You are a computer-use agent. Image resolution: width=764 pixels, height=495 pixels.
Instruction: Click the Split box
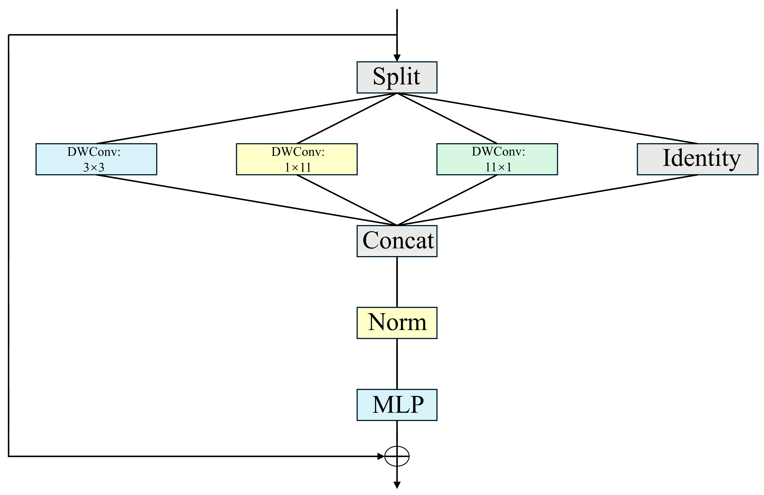397,77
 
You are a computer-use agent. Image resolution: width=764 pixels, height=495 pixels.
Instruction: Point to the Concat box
397,241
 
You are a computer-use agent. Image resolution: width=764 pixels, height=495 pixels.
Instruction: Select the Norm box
397,323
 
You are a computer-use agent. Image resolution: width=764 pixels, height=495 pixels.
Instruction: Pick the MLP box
397,405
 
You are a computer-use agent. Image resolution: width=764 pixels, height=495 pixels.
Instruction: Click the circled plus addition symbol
397,456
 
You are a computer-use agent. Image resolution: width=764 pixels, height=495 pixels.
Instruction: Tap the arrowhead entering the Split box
397,58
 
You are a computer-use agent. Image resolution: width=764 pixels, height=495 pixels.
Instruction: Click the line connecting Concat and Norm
397,282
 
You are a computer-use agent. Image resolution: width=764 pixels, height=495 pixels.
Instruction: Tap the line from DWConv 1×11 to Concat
347,200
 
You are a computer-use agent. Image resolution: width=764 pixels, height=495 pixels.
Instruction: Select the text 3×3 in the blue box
94,167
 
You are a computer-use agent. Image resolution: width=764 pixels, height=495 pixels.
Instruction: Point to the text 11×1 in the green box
498,167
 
